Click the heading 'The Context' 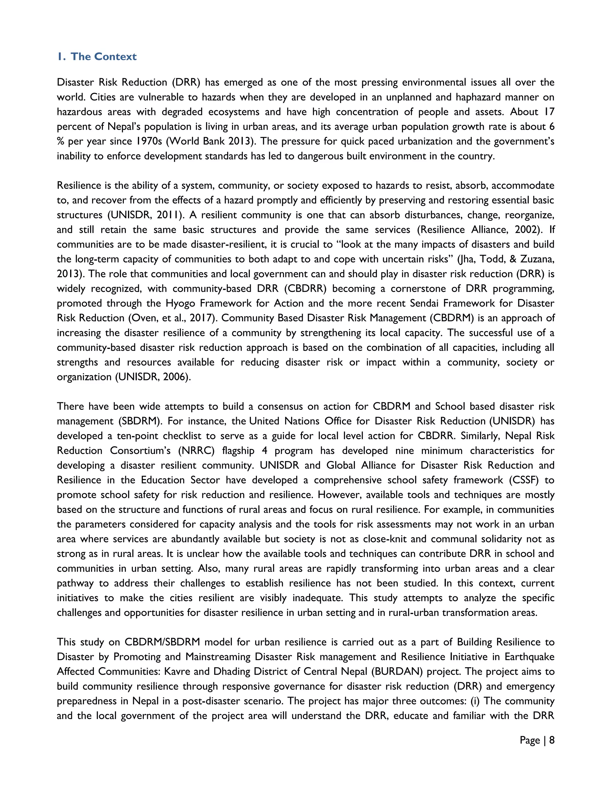point(103,57)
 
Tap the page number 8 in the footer point(551,740)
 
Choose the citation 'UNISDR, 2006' point(153,377)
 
